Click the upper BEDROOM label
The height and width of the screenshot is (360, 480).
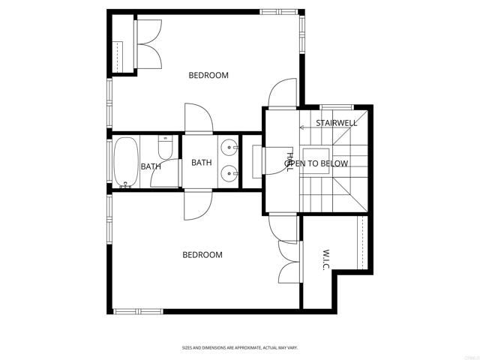[x=208, y=75]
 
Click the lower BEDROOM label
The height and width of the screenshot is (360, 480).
[x=202, y=255]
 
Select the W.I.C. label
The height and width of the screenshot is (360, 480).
[x=328, y=262]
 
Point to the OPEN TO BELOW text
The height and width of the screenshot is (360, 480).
[x=316, y=163]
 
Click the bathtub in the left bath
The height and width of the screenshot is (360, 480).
[x=125, y=161]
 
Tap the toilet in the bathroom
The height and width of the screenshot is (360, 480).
[x=166, y=147]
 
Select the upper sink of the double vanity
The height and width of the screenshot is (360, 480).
[x=229, y=146]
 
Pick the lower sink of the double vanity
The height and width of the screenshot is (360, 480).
[x=229, y=175]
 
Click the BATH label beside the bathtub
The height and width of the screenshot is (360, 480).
[x=151, y=166]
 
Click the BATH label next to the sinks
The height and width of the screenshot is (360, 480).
[x=201, y=162]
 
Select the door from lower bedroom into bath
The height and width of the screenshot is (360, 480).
[x=198, y=205]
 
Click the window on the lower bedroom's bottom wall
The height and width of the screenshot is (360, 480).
[x=136, y=310]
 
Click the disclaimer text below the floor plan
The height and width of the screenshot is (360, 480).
[x=239, y=347]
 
